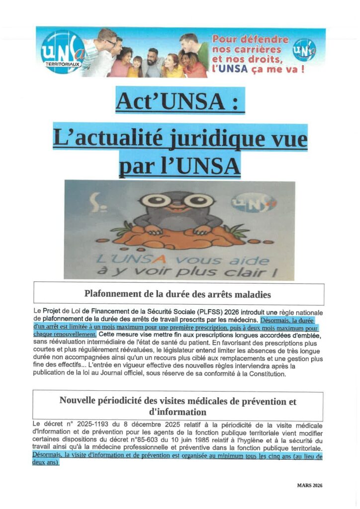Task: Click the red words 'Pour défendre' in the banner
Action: [x=250, y=39]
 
